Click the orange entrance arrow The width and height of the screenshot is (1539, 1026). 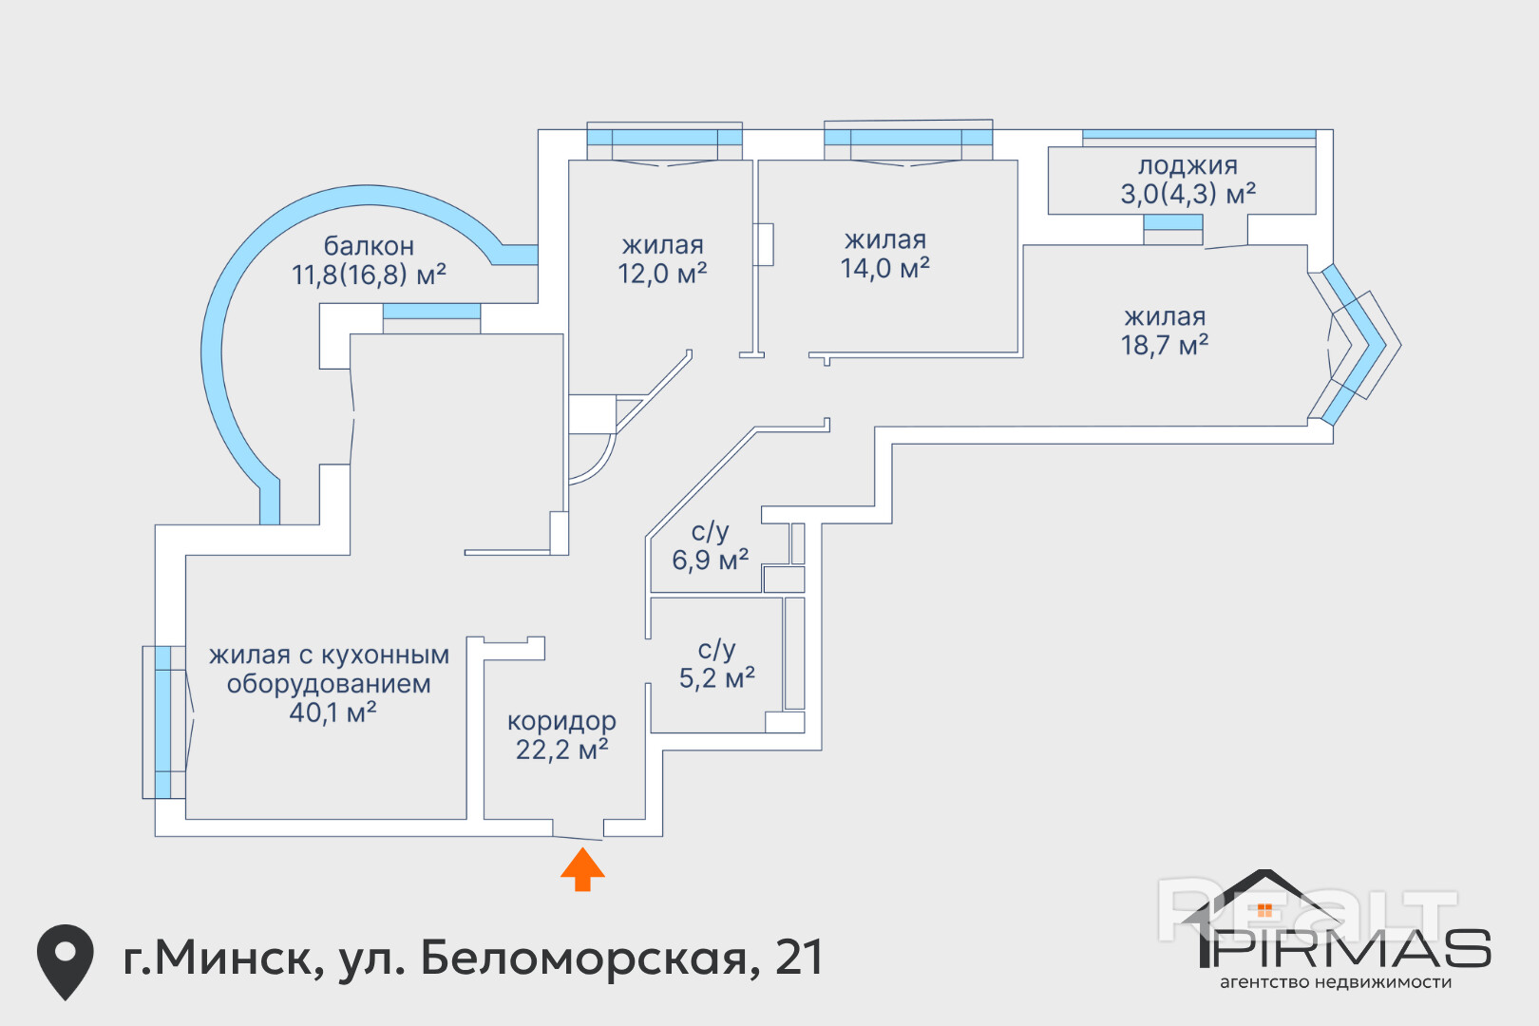[x=582, y=869]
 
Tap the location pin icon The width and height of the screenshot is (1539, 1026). [x=66, y=961]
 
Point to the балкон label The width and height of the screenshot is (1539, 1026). [x=369, y=245]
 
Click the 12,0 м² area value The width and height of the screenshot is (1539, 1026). [x=662, y=274]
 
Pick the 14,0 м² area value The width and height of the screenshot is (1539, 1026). [x=885, y=268]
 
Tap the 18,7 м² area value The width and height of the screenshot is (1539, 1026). [x=1165, y=345]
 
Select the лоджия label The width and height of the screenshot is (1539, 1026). [x=1187, y=165]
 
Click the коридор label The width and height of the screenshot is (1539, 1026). [x=562, y=721]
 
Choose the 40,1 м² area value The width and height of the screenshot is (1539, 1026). [x=332, y=712]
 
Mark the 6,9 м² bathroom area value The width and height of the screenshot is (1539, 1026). [x=710, y=560]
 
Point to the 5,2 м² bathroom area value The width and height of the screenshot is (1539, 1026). [x=717, y=678]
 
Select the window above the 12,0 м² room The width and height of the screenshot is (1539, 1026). [x=664, y=137]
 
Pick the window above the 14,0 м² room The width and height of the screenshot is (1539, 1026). [x=908, y=137]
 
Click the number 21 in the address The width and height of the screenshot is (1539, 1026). [x=800, y=958]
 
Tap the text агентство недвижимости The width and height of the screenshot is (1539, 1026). [x=1336, y=982]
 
